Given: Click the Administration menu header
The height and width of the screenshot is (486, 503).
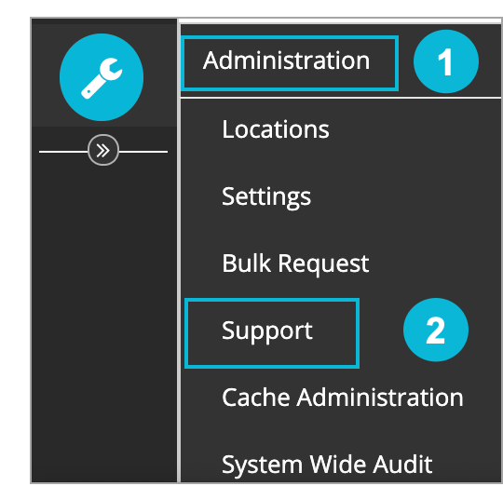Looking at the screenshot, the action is tap(286, 61).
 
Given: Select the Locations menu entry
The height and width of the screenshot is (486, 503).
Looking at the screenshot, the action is tap(276, 129).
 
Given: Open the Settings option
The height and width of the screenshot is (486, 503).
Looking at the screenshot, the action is tap(266, 197).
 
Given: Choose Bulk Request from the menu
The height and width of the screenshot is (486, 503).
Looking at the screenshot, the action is tap(295, 263).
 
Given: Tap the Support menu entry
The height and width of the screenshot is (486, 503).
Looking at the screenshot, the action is tap(267, 331).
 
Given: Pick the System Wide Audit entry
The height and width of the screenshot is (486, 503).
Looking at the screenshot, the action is tap(327, 464).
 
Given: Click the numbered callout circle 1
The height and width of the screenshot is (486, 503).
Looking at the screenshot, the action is tap(446, 61).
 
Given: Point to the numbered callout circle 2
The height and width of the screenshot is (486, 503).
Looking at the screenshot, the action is tap(436, 330).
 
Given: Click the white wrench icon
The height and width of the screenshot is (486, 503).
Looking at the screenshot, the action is tap(102, 78).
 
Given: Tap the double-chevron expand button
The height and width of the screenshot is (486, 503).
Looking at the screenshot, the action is tap(103, 150).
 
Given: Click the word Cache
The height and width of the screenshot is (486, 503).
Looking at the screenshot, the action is tap(255, 398).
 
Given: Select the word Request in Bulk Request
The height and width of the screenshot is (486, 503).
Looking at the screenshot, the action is tap(323, 264).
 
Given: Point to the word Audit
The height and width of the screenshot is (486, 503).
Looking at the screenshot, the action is tap(402, 464).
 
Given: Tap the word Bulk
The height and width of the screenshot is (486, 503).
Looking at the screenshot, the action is tap(246, 263).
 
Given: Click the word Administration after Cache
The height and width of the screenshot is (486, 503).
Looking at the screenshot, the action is tap(380, 398).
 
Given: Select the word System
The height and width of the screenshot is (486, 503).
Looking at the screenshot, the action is tap(262, 465).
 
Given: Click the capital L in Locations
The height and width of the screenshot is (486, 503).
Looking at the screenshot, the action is tap(228, 129).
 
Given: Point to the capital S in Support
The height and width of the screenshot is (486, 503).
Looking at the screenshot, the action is tap(229, 330).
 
